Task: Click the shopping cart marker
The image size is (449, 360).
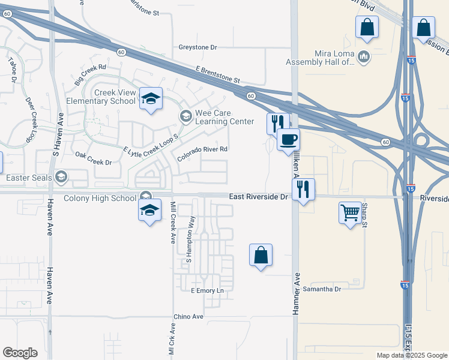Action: (351, 212)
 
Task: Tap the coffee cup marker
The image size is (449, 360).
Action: (288, 140)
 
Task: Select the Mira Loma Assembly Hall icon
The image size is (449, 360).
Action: (363, 56)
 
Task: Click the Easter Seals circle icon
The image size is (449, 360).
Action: (61, 176)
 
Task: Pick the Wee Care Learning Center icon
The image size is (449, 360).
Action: (185, 115)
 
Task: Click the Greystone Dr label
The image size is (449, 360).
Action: (197, 47)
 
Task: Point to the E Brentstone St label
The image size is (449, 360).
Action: (217, 75)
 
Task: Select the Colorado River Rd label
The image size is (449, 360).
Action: (202, 154)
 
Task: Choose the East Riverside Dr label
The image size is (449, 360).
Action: (258, 197)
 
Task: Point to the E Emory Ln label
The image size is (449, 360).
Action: (206, 291)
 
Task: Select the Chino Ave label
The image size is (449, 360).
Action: (188, 316)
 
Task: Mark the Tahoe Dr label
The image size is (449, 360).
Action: (13, 70)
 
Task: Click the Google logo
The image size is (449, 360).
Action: (20, 353)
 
